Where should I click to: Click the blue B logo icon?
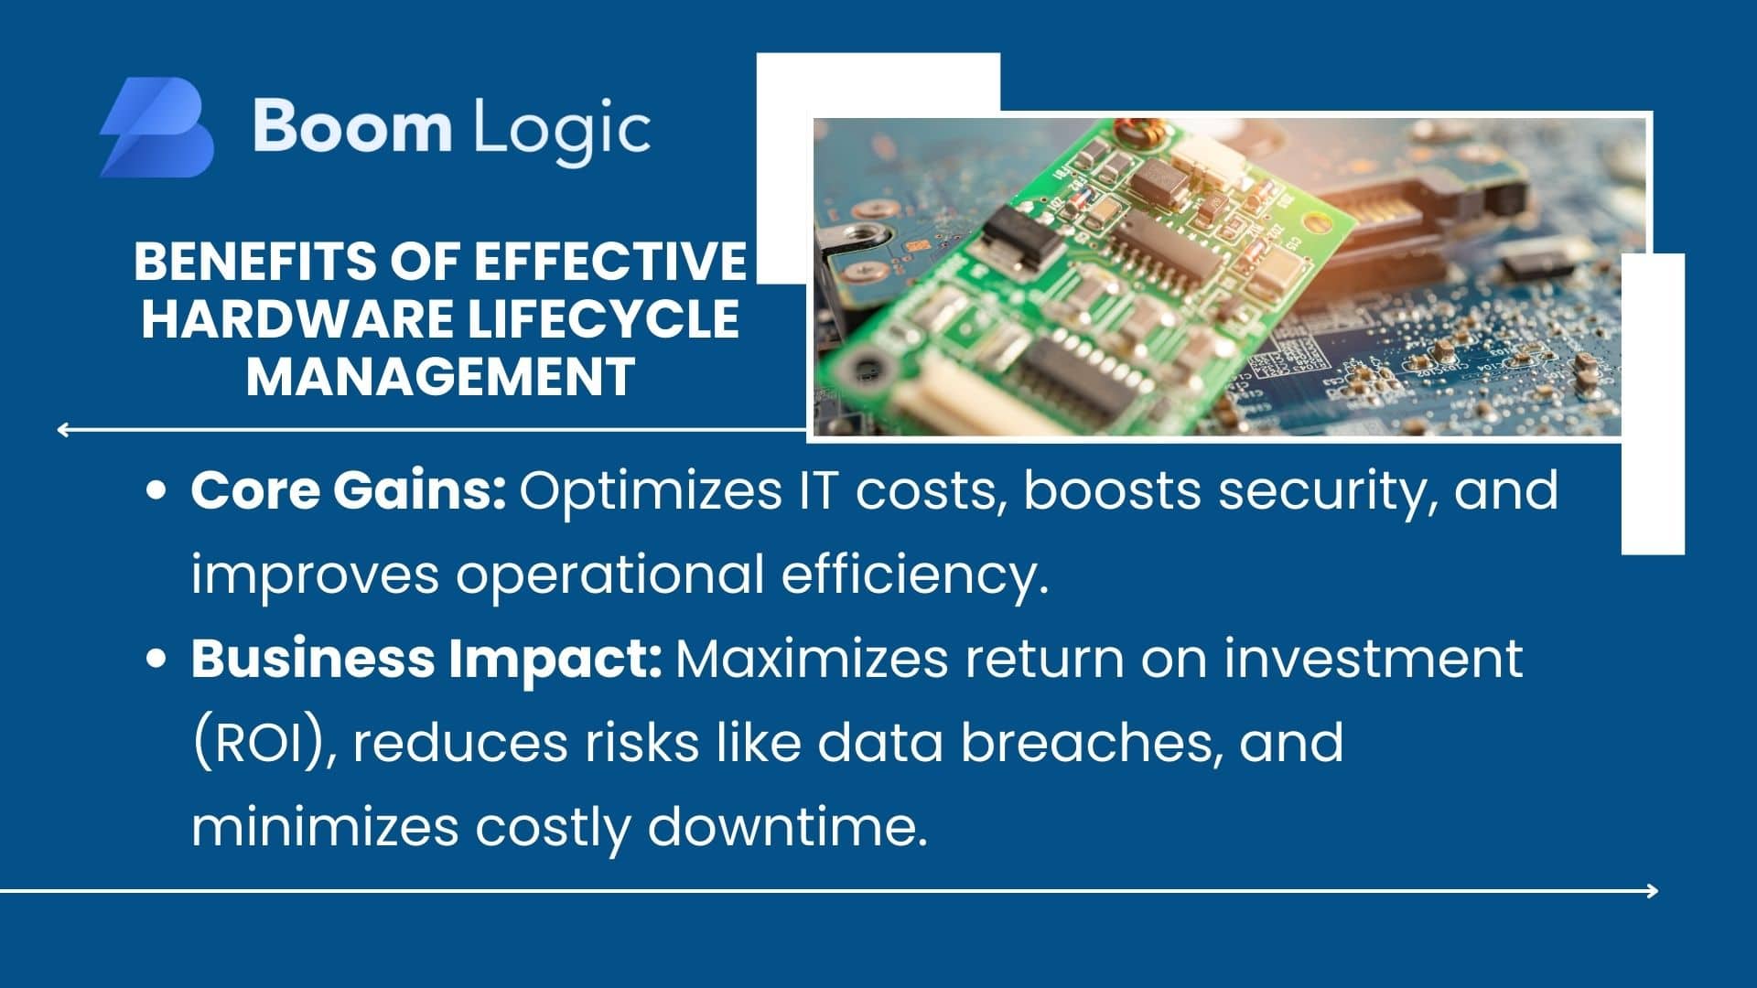pos(156,127)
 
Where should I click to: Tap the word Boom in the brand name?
pos(351,126)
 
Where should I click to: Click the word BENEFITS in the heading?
pos(254,261)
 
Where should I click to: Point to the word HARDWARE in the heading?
pos(297,318)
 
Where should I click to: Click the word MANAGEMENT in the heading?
pos(440,376)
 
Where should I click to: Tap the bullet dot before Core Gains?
pos(156,491)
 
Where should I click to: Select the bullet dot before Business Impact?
pos(156,659)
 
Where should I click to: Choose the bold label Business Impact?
pos(426,659)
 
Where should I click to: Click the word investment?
pos(1373,659)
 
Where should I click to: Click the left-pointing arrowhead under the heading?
pos(63,429)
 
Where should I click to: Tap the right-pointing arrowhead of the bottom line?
pos(1652,890)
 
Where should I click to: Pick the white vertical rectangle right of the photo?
pos(1653,403)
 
